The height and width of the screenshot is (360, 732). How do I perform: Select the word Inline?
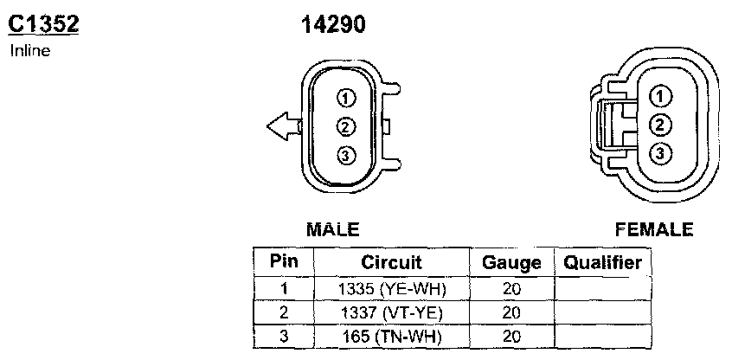tap(30, 50)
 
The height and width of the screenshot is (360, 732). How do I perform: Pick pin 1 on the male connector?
tap(345, 98)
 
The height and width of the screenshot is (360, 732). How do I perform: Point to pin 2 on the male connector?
tap(345, 126)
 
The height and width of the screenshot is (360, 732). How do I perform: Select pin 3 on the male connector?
tap(345, 156)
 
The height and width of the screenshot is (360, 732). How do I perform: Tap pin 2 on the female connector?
tap(660, 125)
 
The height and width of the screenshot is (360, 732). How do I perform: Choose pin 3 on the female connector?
tap(660, 154)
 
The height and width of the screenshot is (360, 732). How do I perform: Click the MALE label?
tap(333, 230)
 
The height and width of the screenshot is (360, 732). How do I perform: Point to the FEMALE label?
tap(654, 230)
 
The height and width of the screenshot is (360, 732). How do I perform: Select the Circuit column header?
tap(391, 262)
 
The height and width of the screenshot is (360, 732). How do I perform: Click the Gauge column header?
tap(511, 262)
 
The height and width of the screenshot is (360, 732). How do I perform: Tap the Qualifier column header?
tap(602, 262)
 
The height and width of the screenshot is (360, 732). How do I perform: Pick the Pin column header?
tap(284, 262)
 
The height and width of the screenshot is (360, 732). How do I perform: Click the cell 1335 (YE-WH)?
tap(391, 289)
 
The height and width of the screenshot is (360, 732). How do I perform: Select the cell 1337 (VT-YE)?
tap(391, 312)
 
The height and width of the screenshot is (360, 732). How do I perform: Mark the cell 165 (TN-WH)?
tap(391, 336)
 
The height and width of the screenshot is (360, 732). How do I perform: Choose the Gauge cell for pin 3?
tap(511, 336)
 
